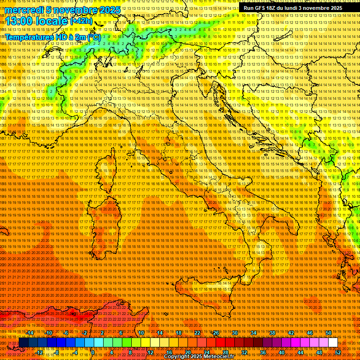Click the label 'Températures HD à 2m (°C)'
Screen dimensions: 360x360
click(x=53, y=37)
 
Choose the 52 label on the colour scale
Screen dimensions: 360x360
click(x=338, y=352)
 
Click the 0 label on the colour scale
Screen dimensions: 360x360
click(x=93, y=352)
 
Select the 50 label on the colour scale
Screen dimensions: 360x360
click(x=329, y=333)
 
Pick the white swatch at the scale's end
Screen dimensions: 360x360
click(x=333, y=342)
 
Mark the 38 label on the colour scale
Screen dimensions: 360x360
click(x=272, y=333)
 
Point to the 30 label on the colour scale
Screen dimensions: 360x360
click(x=235, y=333)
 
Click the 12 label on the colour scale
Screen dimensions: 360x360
click(x=150, y=352)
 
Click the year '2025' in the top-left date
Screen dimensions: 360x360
click(x=109, y=9)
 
